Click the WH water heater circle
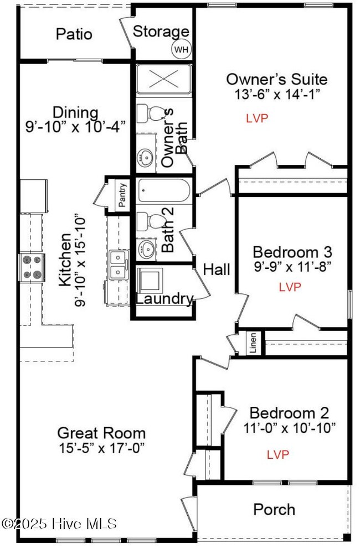click(181, 49)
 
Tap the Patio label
click(74, 34)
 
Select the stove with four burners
click(32, 267)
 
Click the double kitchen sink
click(119, 265)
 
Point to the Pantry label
click(122, 195)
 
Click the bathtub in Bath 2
click(164, 191)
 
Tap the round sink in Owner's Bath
click(145, 158)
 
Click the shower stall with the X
click(164, 79)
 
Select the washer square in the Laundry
click(150, 281)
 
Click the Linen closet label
click(253, 343)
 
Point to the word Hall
click(217, 270)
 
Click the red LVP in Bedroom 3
click(290, 287)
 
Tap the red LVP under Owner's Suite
click(257, 118)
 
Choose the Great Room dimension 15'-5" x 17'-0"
click(102, 448)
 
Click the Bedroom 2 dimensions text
click(290, 427)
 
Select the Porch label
click(274, 510)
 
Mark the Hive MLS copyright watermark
click(59, 524)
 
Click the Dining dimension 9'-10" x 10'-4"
click(75, 126)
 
